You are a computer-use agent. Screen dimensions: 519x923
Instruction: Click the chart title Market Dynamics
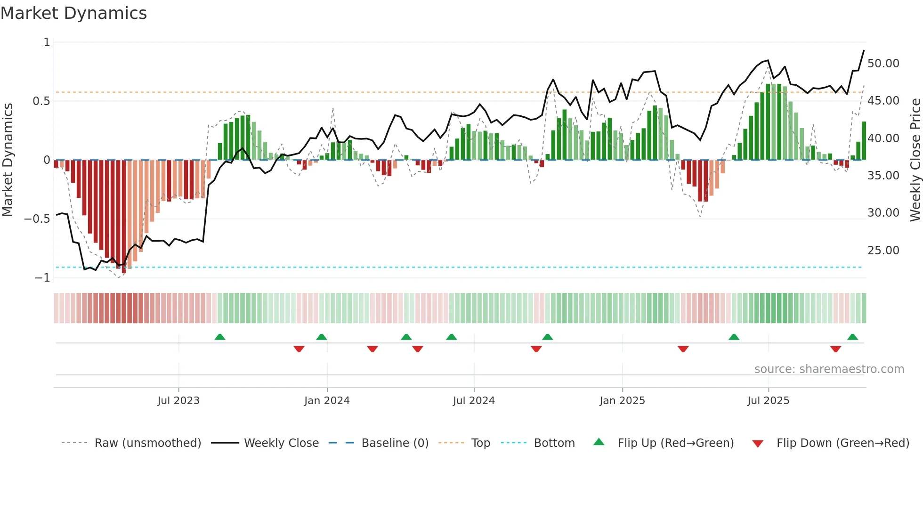(73, 13)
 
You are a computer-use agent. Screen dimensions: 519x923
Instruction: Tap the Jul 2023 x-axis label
(178, 401)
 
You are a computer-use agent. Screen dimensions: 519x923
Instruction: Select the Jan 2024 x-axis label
(327, 401)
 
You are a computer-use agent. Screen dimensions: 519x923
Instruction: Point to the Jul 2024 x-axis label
(474, 401)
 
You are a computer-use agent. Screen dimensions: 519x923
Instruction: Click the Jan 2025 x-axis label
(622, 401)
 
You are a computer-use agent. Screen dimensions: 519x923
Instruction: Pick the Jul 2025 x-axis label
(768, 401)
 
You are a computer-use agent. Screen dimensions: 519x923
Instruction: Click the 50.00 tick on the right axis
(883, 64)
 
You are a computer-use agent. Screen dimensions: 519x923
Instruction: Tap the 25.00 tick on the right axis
(883, 251)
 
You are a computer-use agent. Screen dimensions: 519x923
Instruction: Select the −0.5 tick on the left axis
(37, 219)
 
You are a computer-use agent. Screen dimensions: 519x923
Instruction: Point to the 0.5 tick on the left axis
(41, 101)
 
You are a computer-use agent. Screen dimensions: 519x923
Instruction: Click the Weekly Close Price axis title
(915, 160)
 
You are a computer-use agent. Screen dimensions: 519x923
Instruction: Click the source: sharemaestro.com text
(829, 369)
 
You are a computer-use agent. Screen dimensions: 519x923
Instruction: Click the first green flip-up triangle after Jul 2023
(220, 337)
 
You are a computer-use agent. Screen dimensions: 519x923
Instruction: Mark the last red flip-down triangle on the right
(835, 349)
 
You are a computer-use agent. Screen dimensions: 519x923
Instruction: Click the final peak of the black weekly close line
(864, 50)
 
